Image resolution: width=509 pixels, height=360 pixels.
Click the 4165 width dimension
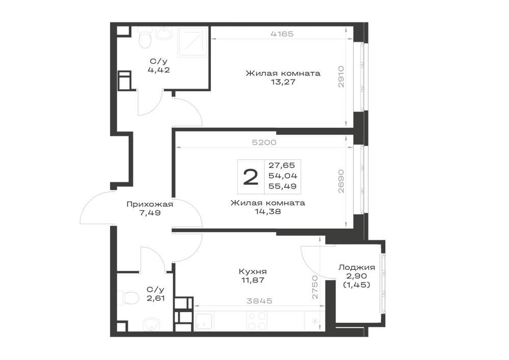pos(282,34)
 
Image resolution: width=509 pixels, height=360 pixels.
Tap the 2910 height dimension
pos(341,76)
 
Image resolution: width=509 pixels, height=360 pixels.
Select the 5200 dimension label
pos(264,143)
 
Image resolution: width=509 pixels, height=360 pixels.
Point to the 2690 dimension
pos(341,181)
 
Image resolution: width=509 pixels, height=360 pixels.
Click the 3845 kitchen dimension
pos(260,301)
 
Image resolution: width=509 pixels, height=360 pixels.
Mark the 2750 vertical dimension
pos(315,287)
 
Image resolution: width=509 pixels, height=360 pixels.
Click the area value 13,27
pos(283,82)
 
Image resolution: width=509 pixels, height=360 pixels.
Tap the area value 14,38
pos(268,212)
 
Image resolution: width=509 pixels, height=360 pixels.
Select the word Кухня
pos(252,271)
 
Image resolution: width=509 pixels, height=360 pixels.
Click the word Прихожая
pos(150,204)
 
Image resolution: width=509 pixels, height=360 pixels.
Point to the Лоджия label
pos(357,267)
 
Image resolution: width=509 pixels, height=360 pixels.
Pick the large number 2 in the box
pos(250,177)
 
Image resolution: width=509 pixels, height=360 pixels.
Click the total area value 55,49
pos(282,186)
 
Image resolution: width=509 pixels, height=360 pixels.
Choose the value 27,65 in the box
pos(282,165)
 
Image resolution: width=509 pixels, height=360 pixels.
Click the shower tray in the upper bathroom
pos(193,42)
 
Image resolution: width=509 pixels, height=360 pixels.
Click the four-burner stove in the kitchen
pos(257,321)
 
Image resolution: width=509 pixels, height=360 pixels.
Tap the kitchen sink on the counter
pos(204,321)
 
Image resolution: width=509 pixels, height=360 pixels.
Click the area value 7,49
pos(149,213)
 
